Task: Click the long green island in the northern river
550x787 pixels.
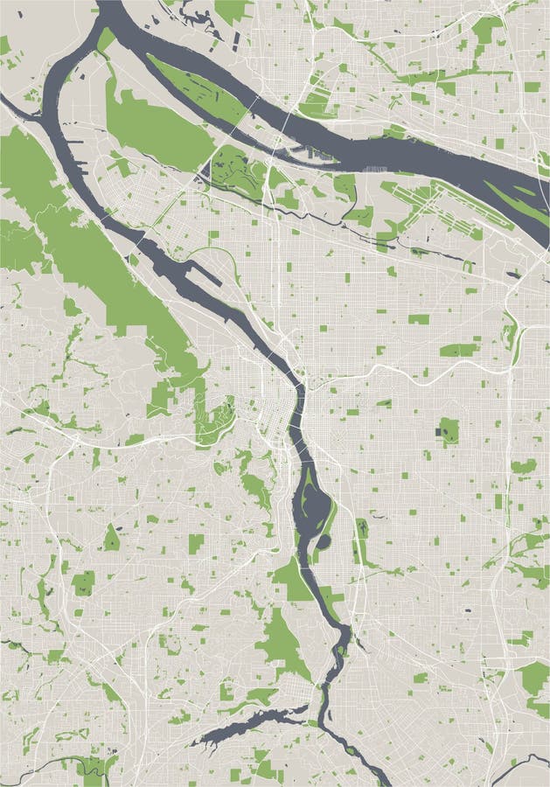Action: (197, 87)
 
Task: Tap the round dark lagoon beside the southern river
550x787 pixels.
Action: (323, 542)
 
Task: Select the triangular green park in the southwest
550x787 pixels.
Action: (111, 539)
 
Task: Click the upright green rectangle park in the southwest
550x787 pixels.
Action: (196, 543)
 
